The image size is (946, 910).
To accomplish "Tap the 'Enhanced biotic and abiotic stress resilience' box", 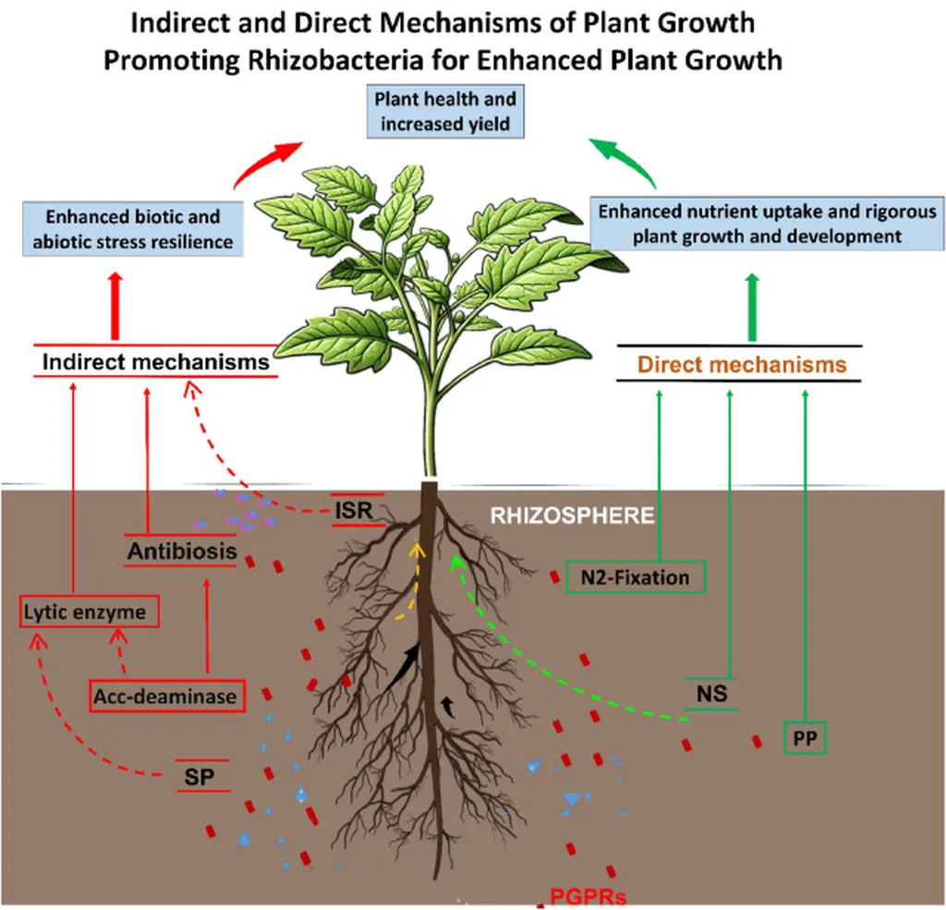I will coord(127,230).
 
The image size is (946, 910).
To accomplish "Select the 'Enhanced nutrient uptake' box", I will coord(766,224).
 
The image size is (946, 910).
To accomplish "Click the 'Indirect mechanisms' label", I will coord(156,361).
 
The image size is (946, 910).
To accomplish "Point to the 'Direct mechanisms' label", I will coord(742,364).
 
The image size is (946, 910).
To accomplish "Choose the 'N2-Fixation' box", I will coord(636,577).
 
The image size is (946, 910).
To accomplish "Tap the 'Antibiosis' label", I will coord(182,552).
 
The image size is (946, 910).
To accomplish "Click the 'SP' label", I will coord(202,776).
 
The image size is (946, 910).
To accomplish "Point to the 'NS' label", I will coord(711,693).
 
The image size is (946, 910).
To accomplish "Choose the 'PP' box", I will coord(805,737).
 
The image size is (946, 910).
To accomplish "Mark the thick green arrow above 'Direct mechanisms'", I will coord(751,306).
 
